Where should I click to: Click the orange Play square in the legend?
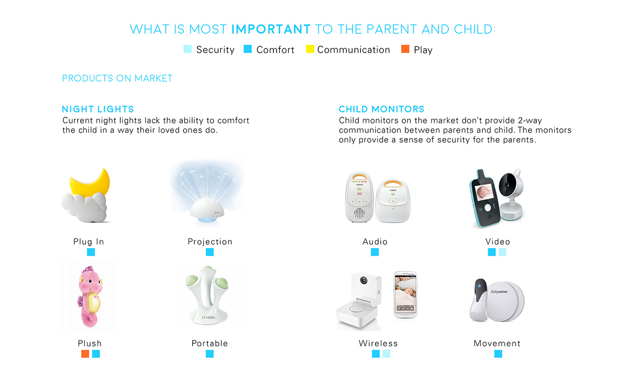(x=405, y=49)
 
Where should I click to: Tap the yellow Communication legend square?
(x=310, y=49)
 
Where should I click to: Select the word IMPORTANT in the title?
(x=271, y=29)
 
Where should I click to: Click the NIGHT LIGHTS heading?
(x=98, y=109)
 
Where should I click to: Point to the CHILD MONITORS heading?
(x=381, y=109)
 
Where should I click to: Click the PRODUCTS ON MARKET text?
(x=117, y=78)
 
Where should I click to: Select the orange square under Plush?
(x=85, y=354)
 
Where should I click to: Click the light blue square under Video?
(x=502, y=252)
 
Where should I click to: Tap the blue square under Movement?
(x=498, y=354)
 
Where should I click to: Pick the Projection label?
(x=210, y=242)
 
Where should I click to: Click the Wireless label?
(x=378, y=343)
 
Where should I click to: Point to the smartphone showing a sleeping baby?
(x=406, y=295)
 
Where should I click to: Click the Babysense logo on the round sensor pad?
(x=499, y=292)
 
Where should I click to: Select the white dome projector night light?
(x=207, y=210)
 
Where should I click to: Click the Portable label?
(x=210, y=343)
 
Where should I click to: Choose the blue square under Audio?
(x=374, y=252)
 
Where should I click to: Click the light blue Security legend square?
(x=187, y=49)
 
